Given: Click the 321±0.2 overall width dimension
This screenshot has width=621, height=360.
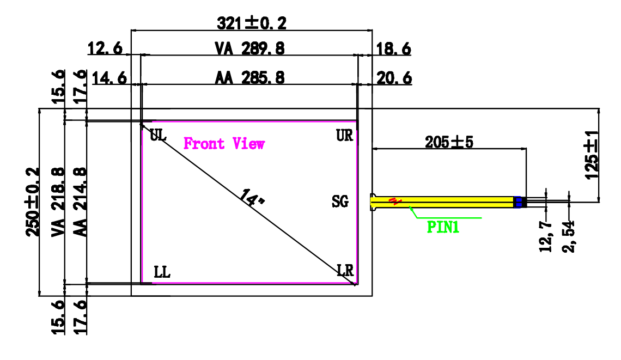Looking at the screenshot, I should click(x=251, y=23).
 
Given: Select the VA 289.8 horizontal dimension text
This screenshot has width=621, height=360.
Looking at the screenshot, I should click(x=249, y=48).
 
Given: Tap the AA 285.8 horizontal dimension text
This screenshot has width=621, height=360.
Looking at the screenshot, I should click(x=249, y=78).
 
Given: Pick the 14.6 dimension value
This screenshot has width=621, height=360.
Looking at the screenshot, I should click(x=109, y=78).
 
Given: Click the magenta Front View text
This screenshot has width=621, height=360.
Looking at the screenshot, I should click(x=224, y=144).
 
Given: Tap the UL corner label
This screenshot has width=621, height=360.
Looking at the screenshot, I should click(x=158, y=136).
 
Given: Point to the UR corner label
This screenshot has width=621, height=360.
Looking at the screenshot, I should click(x=344, y=136).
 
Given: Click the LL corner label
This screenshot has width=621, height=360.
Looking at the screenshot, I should click(x=162, y=272).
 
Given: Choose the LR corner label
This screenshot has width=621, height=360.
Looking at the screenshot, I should click(x=345, y=270).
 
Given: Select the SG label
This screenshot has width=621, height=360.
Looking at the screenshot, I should click(x=339, y=202).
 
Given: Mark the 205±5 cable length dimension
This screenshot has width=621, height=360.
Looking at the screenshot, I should click(x=449, y=142).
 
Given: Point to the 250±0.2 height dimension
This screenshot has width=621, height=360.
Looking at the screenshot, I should click(x=33, y=202).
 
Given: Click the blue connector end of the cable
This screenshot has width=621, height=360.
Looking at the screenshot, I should click(x=519, y=202).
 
